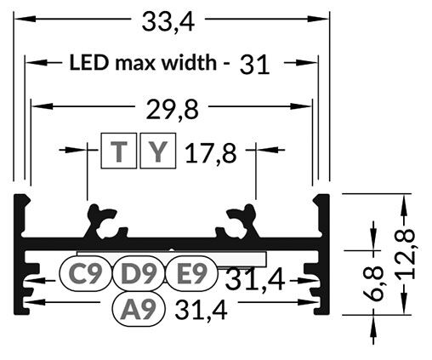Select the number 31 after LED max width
point(254,64)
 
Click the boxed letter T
point(119,152)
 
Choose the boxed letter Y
point(157,152)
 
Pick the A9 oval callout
point(139,310)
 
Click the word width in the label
point(192,62)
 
